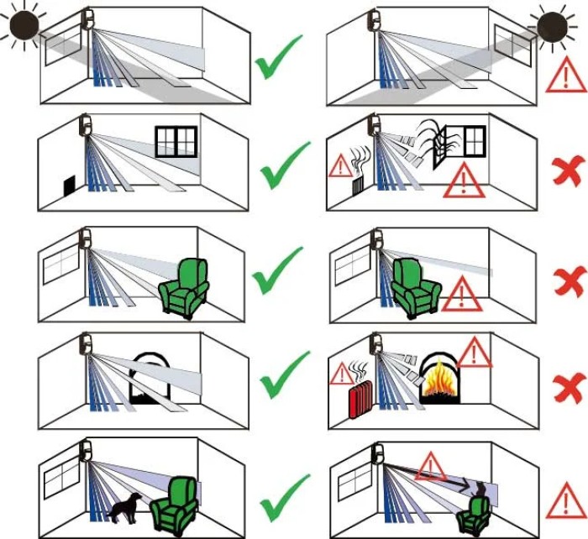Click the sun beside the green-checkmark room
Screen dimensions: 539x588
pyautogui.click(x=24, y=24)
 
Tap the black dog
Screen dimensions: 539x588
pyautogui.click(x=125, y=506)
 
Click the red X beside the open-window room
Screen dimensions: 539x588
pyautogui.click(x=569, y=172)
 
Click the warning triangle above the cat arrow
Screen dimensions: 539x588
pyautogui.click(x=430, y=463)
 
